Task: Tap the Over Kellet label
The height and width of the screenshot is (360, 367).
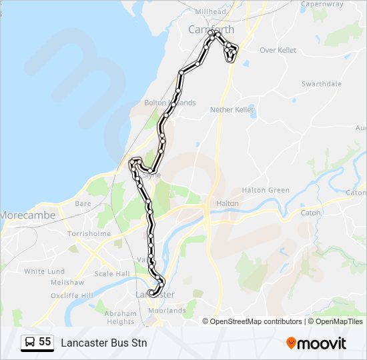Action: pos(278,50)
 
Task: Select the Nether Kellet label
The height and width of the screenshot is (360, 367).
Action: pos(232,109)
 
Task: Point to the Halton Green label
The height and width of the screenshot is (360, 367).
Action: pos(266,190)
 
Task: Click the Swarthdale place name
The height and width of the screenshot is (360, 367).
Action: pos(322,84)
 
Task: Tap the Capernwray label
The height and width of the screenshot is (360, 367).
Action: pos(322,4)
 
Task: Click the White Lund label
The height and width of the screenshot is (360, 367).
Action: pos(45,271)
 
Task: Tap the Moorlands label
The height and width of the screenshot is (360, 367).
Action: pos(167,311)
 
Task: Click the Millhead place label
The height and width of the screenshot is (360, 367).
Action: pos(210,12)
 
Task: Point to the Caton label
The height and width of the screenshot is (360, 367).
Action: pos(311,213)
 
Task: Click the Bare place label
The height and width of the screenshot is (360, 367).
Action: pos(83,203)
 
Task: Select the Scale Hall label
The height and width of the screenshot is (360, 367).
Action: pos(112,274)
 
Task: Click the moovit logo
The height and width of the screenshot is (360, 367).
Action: pos(316,343)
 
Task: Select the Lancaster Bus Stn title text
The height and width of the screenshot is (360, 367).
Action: pos(103,343)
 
